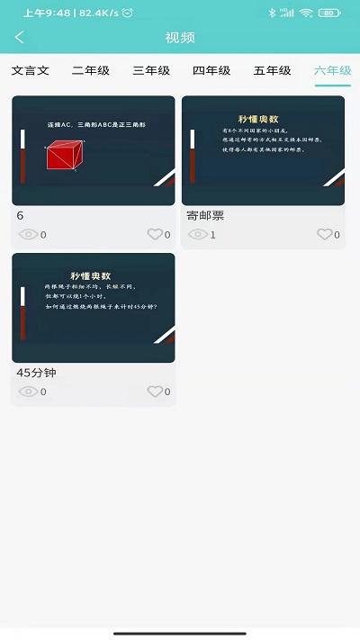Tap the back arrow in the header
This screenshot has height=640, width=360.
[20, 38]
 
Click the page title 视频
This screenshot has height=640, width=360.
[180, 38]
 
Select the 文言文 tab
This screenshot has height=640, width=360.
[31, 70]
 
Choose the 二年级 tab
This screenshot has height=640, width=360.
[90, 70]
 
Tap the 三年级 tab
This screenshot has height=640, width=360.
[151, 70]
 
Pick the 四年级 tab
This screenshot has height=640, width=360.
[211, 70]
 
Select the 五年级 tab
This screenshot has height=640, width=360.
[272, 70]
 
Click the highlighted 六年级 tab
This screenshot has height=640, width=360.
[332, 70]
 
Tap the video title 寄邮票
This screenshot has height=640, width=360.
[205, 216]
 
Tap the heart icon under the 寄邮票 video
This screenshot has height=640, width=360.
[325, 235]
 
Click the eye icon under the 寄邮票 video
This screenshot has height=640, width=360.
[197, 235]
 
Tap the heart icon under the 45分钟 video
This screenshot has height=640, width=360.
[156, 392]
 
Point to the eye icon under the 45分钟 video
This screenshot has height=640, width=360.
[28, 392]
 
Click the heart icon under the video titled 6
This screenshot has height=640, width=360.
[156, 235]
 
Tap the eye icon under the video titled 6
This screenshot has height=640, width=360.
[28, 235]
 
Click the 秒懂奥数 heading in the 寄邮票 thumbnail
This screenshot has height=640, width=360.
[262, 119]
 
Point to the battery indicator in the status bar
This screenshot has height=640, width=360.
[329, 13]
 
